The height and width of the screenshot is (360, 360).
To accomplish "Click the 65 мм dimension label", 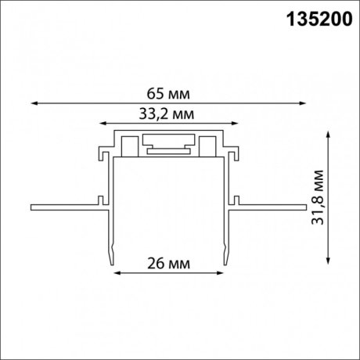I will click(x=172, y=93).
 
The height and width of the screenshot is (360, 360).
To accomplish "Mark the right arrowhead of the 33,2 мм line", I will click(x=238, y=123).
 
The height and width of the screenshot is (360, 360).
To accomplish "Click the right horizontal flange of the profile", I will click(x=270, y=207).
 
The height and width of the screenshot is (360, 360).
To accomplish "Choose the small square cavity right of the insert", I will click(x=207, y=146).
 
